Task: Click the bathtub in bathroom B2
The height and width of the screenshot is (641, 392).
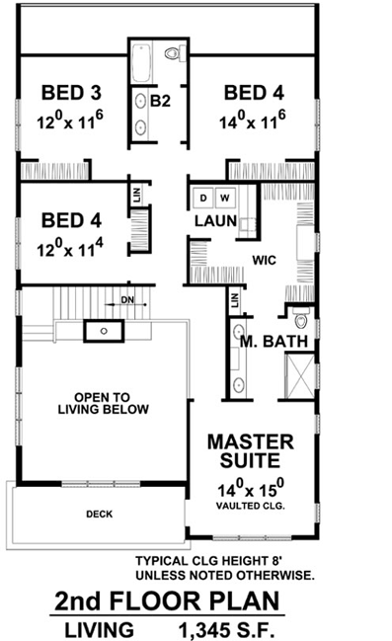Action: coord(138,62)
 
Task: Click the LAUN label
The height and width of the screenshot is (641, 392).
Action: coord(214,221)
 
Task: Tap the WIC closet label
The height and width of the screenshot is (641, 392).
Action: coord(264,262)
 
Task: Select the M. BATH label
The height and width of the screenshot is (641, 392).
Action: coord(275,343)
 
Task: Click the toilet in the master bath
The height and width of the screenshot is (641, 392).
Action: coord(301,318)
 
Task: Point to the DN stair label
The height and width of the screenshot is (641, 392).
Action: coord(126,297)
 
